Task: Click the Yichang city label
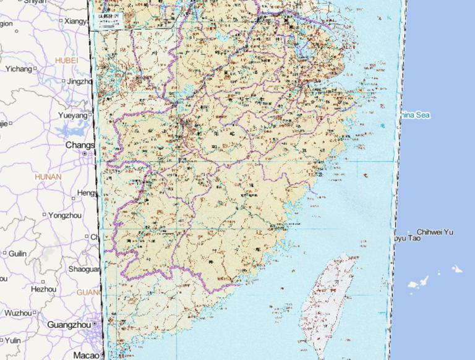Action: click(x=19, y=69)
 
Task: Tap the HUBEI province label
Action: click(x=67, y=60)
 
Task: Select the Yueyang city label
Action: click(x=74, y=115)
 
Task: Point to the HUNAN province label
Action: click(x=49, y=177)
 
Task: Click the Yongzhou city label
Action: click(x=65, y=215)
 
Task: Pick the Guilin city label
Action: click(x=17, y=253)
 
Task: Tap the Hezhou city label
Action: click(x=43, y=288)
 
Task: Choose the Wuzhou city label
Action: click(x=16, y=313)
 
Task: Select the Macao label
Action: click(x=86, y=355)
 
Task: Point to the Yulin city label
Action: click(x=12, y=340)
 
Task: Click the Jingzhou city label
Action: click(x=79, y=81)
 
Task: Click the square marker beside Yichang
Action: click(x=35, y=69)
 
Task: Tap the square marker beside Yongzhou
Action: click(x=45, y=215)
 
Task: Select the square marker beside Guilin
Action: click(x=4, y=253)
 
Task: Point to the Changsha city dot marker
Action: click(x=85, y=153)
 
